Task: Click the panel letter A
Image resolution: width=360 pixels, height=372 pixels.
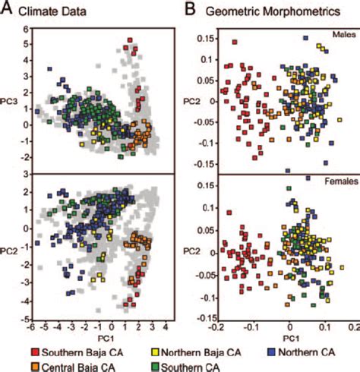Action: click(x=8, y=10)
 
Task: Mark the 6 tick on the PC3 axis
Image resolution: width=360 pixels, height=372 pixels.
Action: click(x=24, y=30)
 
